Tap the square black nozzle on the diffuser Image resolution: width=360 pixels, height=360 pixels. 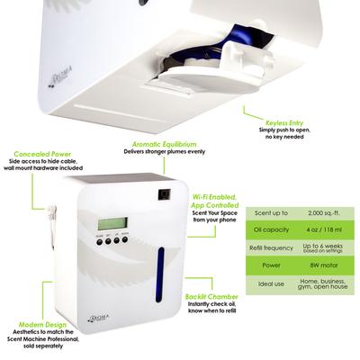(x=163, y=193)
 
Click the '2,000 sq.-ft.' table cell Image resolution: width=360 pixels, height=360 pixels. (x=323, y=213)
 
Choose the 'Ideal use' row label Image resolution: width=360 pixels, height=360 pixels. (x=271, y=285)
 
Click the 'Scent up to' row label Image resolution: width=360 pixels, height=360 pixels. (x=271, y=213)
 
